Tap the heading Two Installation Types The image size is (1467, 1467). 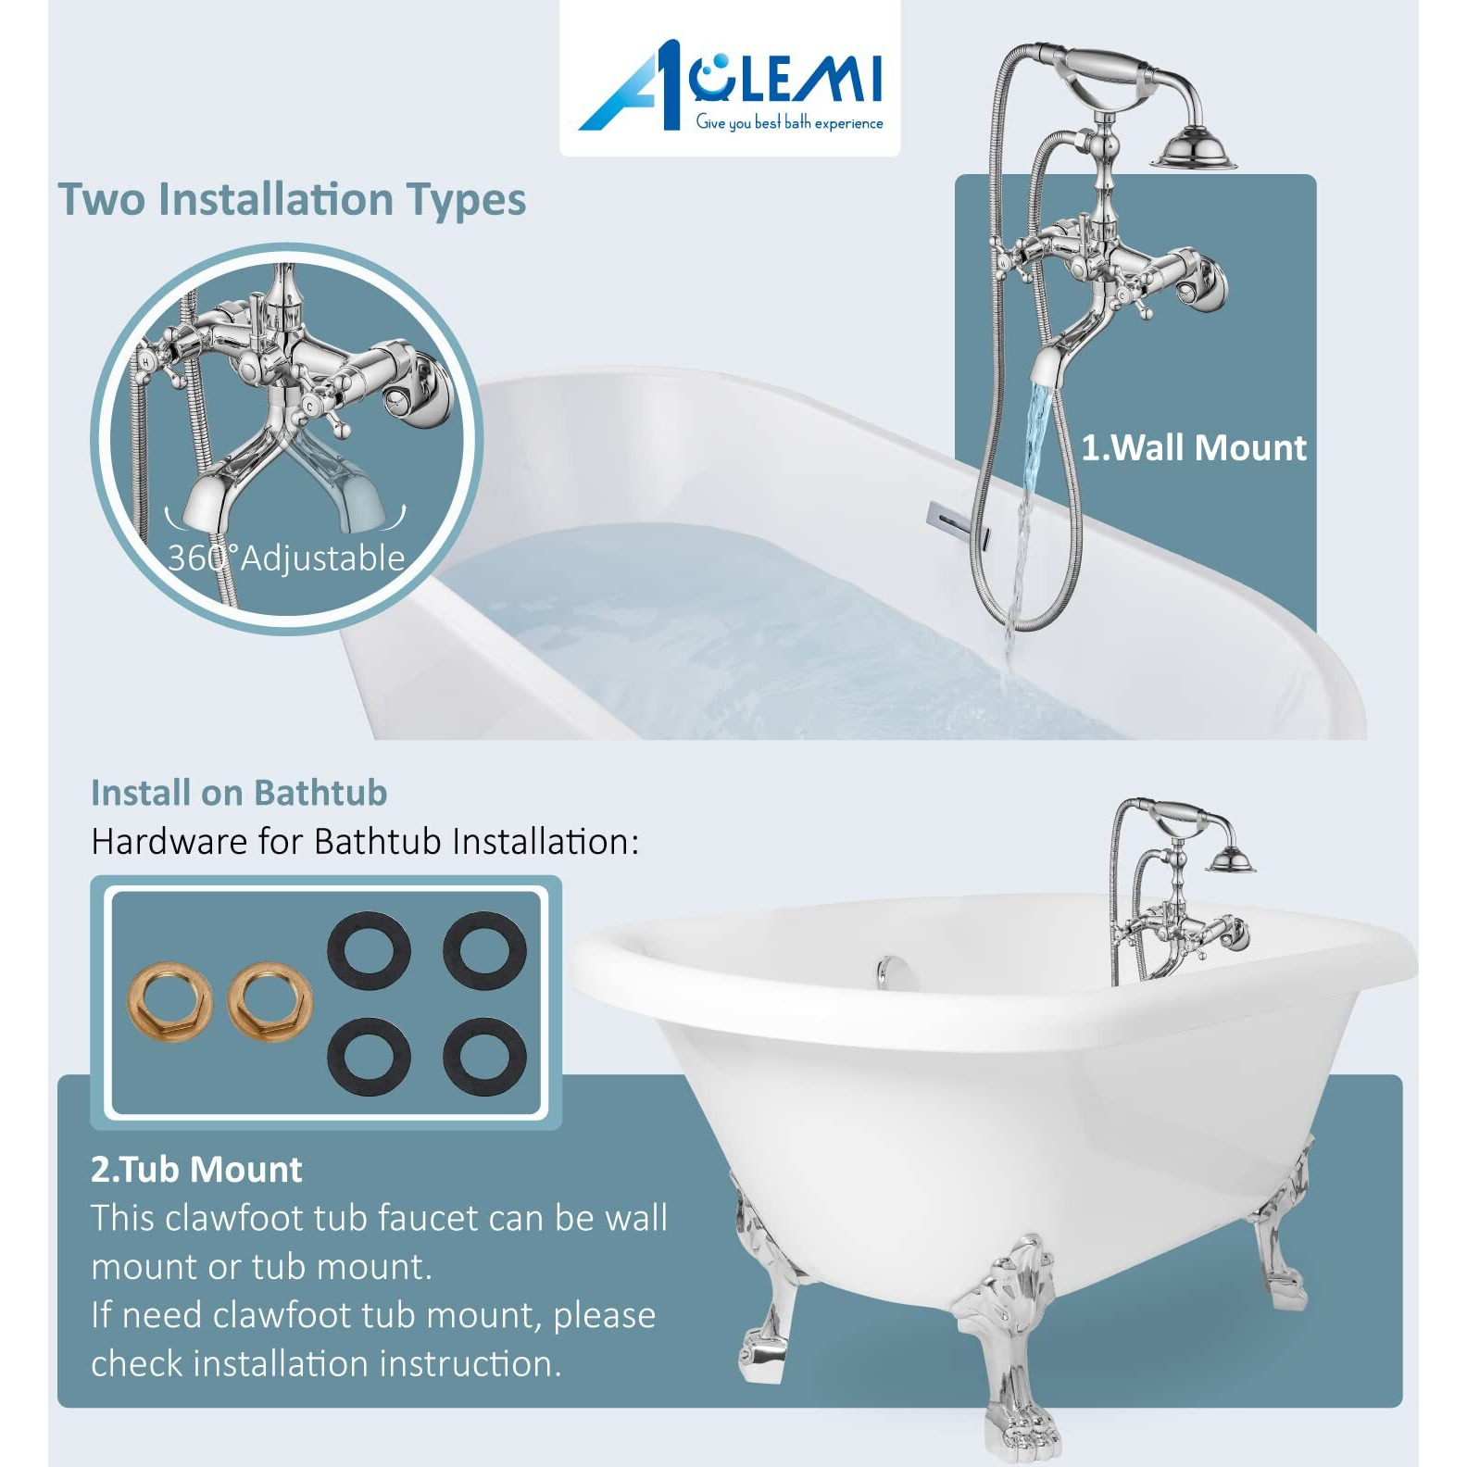292,200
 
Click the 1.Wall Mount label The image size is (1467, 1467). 1194,448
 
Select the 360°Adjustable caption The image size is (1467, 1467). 286,558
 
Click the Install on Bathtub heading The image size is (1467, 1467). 239,793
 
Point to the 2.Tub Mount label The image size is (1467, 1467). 196,1170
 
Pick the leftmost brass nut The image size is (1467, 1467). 169,1003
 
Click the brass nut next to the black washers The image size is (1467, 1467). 270,1003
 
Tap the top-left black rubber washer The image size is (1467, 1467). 369,951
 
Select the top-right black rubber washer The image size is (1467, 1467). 484,951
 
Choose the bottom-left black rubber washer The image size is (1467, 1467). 369,1057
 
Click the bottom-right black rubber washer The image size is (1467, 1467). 484,1057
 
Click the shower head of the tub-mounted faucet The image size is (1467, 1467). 1232,861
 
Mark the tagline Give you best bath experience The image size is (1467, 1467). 789,123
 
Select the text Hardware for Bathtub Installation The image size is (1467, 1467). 365,842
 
